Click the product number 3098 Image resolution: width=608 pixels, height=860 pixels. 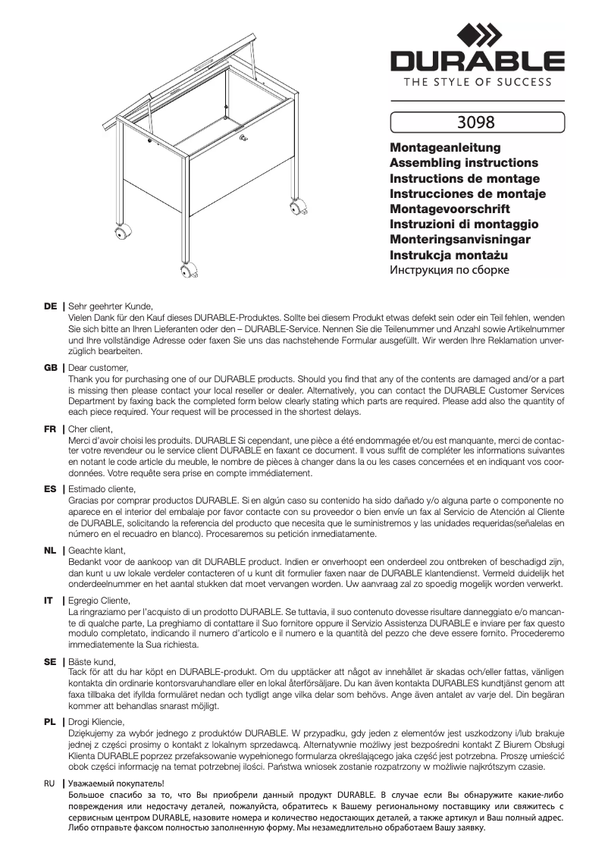[476, 121]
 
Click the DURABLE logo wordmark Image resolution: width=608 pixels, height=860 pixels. [477, 61]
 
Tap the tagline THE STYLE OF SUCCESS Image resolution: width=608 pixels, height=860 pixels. [477, 82]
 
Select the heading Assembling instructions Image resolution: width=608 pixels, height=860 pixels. [463, 163]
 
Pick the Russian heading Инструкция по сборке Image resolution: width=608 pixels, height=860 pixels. [449, 270]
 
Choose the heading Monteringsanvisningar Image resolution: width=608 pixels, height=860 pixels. [459, 240]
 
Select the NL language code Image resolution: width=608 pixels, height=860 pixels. [51, 550]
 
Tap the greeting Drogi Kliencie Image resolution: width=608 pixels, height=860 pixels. [96, 721]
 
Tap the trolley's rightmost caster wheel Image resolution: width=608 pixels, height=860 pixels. [293, 206]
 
